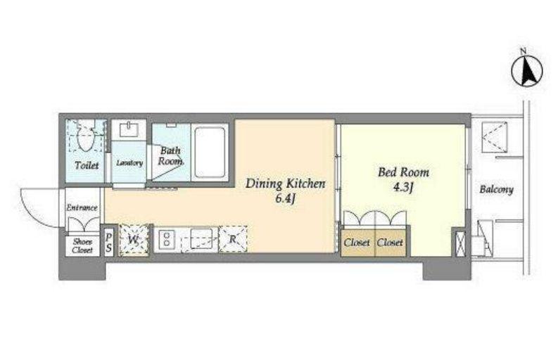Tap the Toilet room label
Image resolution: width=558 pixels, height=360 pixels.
87,165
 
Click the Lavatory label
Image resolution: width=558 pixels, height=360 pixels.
129,163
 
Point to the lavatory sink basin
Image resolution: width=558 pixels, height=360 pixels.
129,129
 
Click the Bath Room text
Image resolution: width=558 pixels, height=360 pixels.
170,156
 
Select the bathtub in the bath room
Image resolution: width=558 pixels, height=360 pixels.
210,153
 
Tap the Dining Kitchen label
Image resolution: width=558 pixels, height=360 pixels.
286,184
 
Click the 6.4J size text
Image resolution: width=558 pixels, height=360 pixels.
286,198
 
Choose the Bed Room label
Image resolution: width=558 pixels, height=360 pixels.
403,172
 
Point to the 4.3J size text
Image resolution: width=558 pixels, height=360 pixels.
402,187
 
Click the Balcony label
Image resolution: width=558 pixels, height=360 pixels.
496,189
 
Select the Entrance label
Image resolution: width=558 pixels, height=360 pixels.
82,207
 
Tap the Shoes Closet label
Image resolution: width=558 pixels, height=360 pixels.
82,246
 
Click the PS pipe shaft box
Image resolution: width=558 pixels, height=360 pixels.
108,243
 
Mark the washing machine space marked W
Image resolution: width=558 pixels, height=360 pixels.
134,239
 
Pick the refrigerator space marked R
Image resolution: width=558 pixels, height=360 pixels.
233,239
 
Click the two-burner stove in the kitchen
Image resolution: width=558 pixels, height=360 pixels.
166,239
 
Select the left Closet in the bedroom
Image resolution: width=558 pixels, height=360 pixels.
357,243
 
